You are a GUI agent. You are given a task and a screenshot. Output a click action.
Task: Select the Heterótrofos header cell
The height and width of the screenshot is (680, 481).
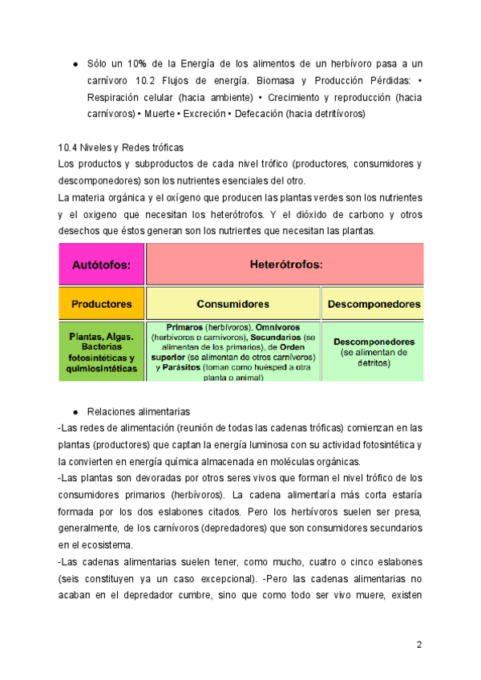285,263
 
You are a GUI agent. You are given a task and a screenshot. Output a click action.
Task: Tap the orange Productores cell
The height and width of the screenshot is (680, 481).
101,304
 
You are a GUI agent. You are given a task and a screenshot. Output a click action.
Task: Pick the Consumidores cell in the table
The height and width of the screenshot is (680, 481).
232,304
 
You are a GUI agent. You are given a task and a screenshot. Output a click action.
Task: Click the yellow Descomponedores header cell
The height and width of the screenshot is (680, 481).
372,304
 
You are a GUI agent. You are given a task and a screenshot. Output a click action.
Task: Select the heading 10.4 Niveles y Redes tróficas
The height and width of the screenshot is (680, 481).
121,148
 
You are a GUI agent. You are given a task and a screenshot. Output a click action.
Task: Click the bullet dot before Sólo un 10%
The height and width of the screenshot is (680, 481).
75,63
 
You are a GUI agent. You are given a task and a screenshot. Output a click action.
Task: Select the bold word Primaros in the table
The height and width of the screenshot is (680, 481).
184,328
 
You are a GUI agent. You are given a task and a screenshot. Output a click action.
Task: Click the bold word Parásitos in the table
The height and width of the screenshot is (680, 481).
187,366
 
